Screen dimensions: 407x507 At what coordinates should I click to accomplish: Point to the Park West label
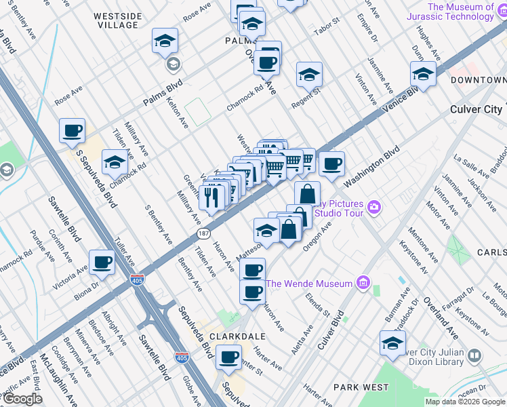click(361, 387)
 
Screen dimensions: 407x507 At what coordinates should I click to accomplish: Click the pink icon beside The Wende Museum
click(363, 283)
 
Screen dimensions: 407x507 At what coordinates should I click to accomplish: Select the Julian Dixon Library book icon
click(474, 355)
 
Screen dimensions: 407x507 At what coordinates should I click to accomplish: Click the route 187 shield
click(203, 233)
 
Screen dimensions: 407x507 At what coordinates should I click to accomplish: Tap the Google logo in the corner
click(23, 399)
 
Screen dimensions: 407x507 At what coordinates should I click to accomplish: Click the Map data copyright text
click(464, 402)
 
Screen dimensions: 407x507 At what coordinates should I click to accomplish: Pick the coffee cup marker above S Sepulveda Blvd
click(72, 130)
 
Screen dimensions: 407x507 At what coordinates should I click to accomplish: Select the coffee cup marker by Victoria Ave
click(102, 262)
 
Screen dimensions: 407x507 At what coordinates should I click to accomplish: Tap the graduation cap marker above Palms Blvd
click(165, 41)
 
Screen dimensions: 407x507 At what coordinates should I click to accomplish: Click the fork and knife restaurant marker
click(211, 197)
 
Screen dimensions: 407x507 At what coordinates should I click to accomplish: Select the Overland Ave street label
click(441, 314)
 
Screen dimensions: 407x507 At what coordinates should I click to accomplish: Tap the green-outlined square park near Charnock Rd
click(198, 112)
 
